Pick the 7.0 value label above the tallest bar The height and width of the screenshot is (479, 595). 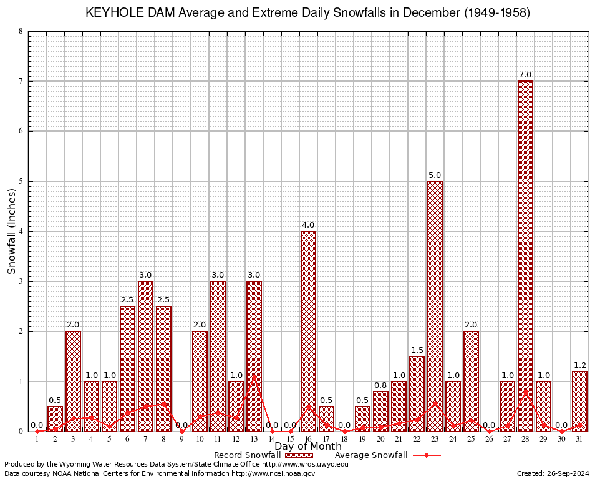(x=525, y=75)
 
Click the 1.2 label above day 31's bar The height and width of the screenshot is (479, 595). (x=579, y=365)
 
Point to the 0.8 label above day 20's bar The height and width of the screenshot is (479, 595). (x=380, y=385)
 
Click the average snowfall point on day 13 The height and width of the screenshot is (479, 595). (x=254, y=377)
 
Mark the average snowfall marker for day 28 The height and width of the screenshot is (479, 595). (x=525, y=392)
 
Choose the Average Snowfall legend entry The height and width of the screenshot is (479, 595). (x=371, y=455)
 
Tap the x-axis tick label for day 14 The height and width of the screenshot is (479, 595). (x=272, y=439)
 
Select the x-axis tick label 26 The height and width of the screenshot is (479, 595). (x=489, y=439)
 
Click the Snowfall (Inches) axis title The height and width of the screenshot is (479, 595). (x=12, y=231)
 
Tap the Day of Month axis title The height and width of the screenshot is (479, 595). (x=308, y=446)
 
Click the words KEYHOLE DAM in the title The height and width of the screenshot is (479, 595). (x=128, y=13)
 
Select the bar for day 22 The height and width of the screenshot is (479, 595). (x=417, y=394)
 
